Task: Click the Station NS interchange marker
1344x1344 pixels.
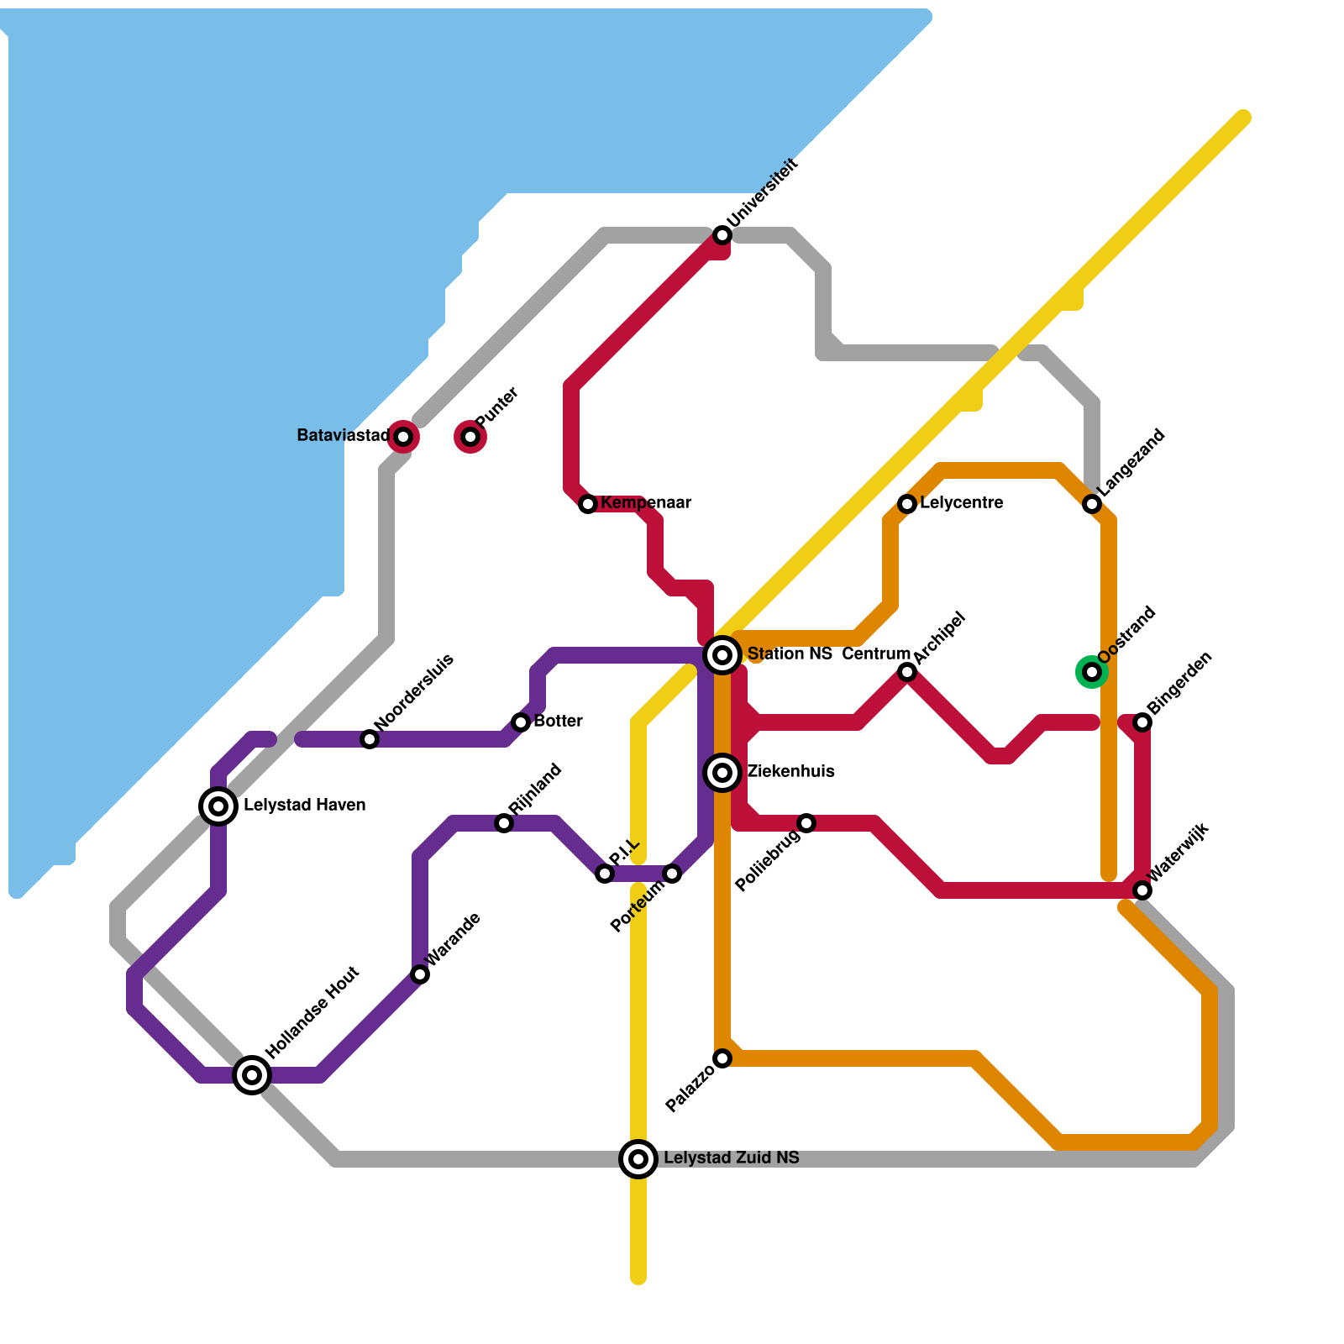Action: (722, 654)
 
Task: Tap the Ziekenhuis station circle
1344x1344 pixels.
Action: (722, 772)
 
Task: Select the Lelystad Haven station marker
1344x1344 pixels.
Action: (218, 806)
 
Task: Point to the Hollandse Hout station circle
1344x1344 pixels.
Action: (252, 1074)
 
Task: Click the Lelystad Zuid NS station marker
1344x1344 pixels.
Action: (638, 1158)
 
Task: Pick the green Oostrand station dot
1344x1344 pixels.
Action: (1091, 671)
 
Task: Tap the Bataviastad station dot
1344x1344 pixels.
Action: (403, 436)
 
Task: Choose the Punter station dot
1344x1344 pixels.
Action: (470, 436)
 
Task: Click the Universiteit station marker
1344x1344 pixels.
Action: (722, 235)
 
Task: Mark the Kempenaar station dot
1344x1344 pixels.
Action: (588, 503)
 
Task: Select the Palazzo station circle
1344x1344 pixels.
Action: (722, 1058)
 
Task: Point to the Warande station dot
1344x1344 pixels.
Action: (420, 974)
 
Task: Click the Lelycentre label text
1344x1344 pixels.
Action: (961, 503)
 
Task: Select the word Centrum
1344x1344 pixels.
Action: (876, 654)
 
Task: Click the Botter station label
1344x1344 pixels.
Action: (558, 722)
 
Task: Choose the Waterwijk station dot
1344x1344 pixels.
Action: (1142, 890)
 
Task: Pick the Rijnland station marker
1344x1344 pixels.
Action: (504, 823)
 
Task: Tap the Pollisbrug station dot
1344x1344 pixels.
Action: (806, 822)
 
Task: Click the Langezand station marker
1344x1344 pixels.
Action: (1092, 503)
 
